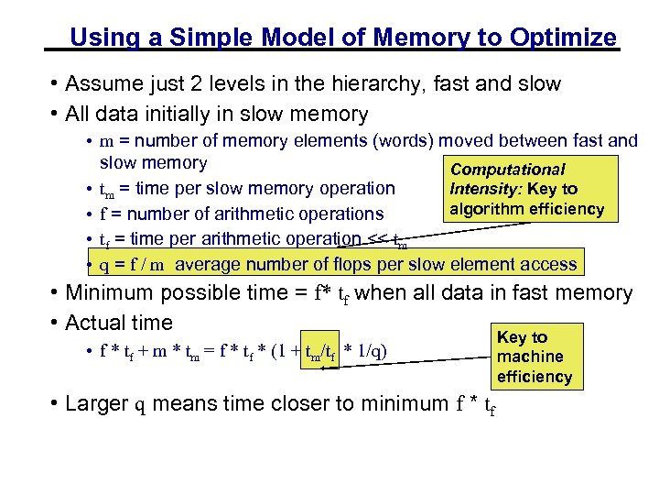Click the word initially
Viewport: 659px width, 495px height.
(193, 115)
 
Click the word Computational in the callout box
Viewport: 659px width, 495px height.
(508, 170)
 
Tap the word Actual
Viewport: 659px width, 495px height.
(93, 323)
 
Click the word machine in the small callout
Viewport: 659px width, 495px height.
(531, 356)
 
